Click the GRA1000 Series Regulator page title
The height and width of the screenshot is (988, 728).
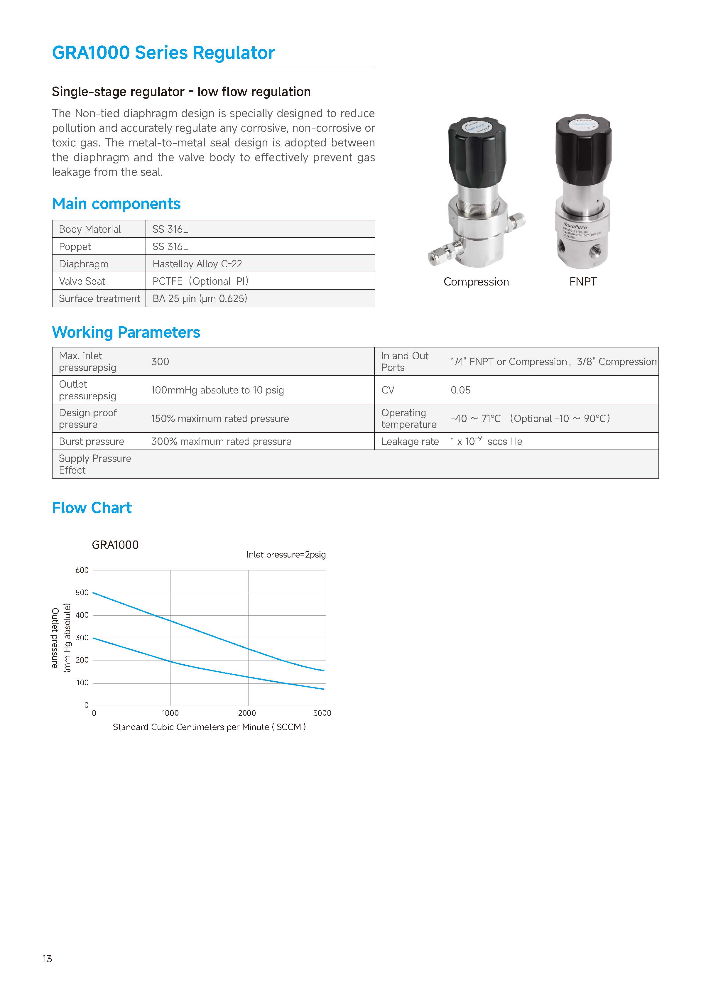coord(163,53)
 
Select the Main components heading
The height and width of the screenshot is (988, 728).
coord(116,204)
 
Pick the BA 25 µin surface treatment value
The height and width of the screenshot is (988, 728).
coord(200,298)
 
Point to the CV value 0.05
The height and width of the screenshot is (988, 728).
coord(460,390)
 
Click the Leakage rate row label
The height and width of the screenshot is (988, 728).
coord(410,442)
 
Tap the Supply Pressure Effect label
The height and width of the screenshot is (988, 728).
coord(95,464)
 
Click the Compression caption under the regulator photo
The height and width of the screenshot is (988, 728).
coord(476,282)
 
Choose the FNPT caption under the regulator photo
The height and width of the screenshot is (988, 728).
coord(582,282)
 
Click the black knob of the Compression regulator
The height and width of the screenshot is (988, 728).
coord(477,150)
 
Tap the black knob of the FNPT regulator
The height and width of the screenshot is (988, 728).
coord(583,148)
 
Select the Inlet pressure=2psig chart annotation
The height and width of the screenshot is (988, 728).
coord(286,555)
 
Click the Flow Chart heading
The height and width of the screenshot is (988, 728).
coord(92,508)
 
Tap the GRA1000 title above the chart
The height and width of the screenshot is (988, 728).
coord(115,545)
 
